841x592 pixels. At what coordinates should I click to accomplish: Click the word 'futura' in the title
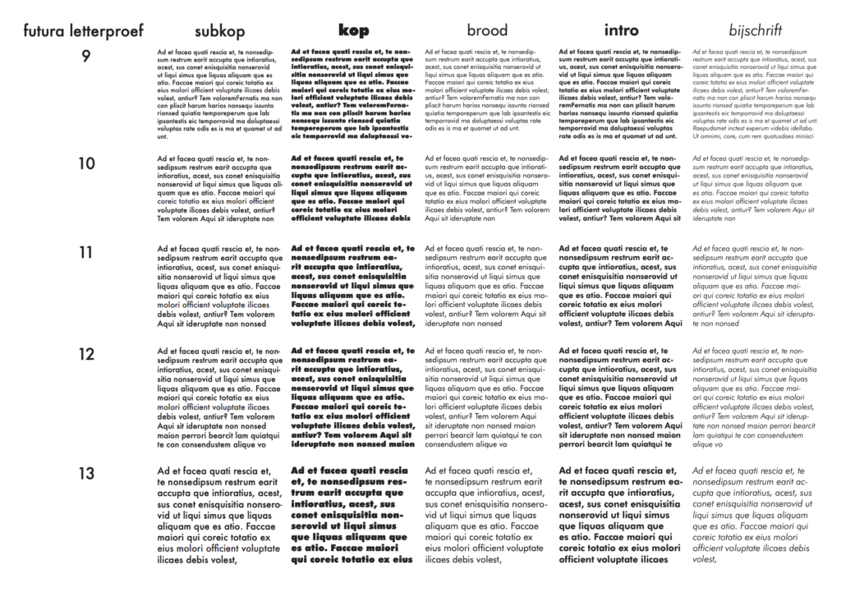45,32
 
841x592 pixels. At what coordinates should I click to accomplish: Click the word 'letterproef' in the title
105,32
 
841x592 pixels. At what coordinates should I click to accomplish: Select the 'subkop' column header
218,32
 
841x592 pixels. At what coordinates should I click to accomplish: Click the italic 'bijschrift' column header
755,32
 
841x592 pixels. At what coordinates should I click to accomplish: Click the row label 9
86,56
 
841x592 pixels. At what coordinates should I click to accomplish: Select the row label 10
86,163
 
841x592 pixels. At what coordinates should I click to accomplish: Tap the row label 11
86,252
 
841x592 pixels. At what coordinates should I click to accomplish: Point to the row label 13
86,473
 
